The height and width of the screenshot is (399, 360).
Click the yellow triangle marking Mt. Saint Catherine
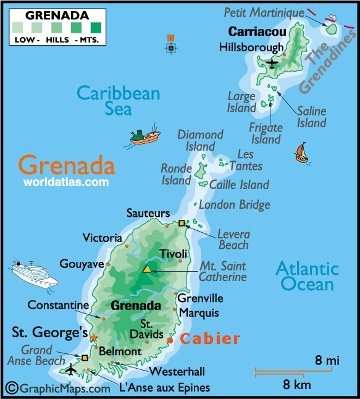tap(147, 269)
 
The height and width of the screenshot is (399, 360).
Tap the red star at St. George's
tap(94, 337)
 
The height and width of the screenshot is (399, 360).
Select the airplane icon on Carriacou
tap(272, 62)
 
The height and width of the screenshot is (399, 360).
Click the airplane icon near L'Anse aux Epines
tap(71, 370)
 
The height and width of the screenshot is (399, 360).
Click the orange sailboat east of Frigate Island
tap(301, 152)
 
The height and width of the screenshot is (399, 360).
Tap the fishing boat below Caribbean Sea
tap(146, 136)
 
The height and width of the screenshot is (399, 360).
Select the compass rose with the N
tap(171, 47)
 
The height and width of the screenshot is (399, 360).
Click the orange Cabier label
tap(209, 338)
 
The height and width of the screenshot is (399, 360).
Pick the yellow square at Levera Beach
tap(182, 223)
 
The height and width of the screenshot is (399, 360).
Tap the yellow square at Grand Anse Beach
tap(85, 357)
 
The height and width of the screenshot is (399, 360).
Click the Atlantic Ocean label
tap(307, 276)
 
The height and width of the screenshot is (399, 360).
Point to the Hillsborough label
tap(251, 48)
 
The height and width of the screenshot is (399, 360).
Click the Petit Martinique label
tap(264, 12)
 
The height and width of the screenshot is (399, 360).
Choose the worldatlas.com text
tap(66, 182)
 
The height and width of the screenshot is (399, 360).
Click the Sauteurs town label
tap(148, 213)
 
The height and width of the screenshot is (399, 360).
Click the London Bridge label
tap(235, 204)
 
